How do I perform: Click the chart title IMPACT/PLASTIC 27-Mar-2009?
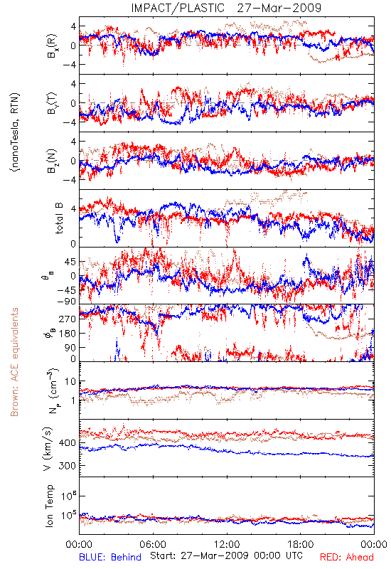226,8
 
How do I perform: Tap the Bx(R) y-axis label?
52,46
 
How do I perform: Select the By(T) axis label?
52,103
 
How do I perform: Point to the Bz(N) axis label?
52,161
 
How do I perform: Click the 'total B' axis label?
59,218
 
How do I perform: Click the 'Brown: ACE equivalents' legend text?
14,362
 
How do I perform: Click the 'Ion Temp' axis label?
49,506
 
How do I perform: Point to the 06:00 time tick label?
153,544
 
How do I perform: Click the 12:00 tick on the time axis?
227,544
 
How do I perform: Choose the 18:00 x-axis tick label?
301,544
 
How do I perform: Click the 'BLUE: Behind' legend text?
110,557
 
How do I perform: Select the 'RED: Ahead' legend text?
347,557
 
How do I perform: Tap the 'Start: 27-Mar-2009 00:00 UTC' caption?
226,555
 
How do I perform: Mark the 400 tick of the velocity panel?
67,442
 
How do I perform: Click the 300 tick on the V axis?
67,466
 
